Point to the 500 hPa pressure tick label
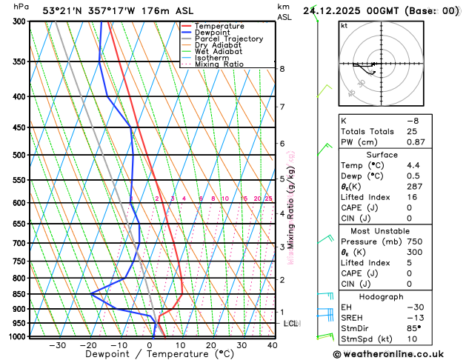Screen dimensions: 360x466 tap(19, 155)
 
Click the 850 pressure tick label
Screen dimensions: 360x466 tap(19, 294)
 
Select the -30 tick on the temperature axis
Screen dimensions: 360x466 tap(58, 344)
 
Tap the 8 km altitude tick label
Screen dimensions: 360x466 tap(282, 69)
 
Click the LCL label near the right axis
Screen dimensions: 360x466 tap(290, 324)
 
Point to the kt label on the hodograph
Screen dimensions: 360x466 tap(344, 26)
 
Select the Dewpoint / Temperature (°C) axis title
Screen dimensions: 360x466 tap(149, 354)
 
